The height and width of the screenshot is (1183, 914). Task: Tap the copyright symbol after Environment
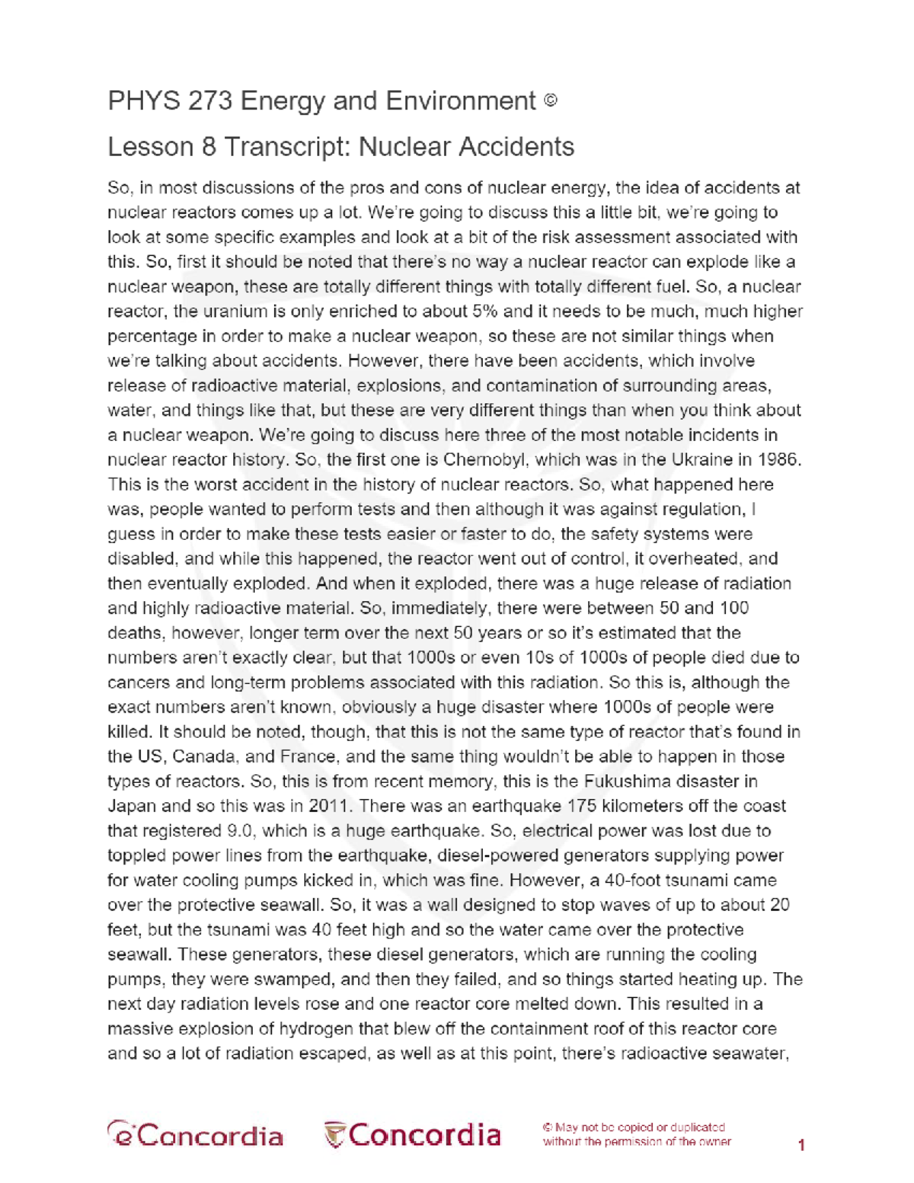point(551,100)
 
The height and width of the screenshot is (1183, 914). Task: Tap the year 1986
point(777,459)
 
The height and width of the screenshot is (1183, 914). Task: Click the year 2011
point(331,806)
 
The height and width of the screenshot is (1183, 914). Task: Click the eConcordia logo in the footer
point(195,1135)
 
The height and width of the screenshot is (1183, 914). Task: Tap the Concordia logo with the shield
point(412,1135)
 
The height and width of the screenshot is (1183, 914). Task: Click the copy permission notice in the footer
point(637,1134)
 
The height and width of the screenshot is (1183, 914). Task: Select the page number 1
point(801,1144)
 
